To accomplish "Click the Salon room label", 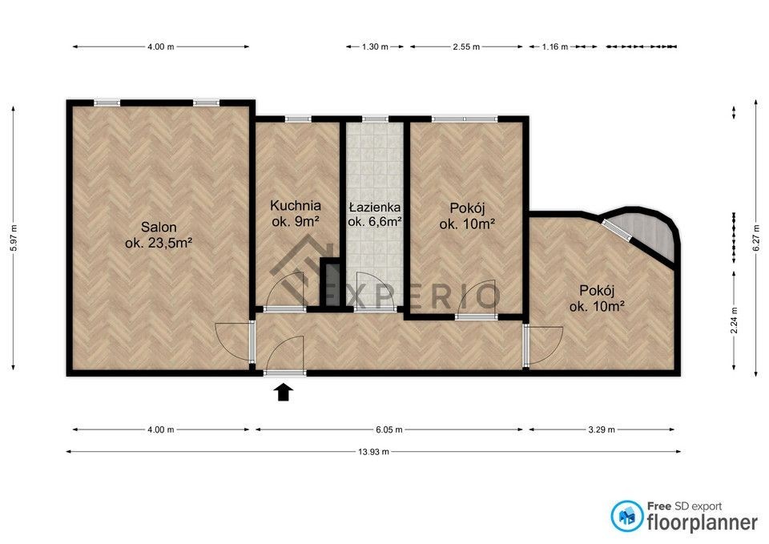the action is coord(159,227).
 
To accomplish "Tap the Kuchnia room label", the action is coord(296,206).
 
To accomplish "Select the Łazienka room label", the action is coord(374,208).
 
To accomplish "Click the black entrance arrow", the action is coord(284,393).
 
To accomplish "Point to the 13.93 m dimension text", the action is coord(374,452).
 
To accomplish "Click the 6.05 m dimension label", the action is coord(389,429).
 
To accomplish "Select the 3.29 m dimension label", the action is coord(602,429).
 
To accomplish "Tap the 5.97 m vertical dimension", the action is coord(14,239).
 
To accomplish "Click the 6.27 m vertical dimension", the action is coord(755,239).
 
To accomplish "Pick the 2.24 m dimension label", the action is coord(735,320).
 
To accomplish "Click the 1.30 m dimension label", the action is coord(375,47).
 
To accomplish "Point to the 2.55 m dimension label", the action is coord(466,47).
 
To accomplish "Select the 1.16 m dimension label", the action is coord(554,47).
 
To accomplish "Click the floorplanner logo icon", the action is coord(627,516).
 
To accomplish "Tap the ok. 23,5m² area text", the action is coord(159,243).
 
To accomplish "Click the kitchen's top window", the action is coord(298,119).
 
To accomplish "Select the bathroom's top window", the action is coord(375,119).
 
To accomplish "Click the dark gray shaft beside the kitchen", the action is coord(331,284).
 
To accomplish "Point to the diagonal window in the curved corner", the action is coord(617,230).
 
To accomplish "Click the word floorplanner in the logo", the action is coord(703,522).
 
